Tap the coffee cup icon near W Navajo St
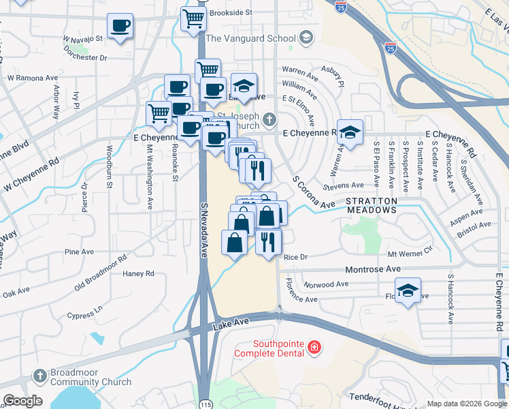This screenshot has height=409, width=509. tap(120, 27)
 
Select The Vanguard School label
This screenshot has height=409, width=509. tap(252, 38)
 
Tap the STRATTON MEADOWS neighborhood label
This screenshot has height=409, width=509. tap(371, 206)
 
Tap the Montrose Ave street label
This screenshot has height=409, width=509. tap(373, 269)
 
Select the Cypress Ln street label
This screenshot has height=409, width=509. tap(84, 312)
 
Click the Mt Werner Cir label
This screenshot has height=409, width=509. tap(410, 253)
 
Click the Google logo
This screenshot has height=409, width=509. tap(22, 401)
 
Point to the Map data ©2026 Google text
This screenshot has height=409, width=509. tap(465, 404)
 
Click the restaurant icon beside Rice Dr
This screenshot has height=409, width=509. tap(268, 241)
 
